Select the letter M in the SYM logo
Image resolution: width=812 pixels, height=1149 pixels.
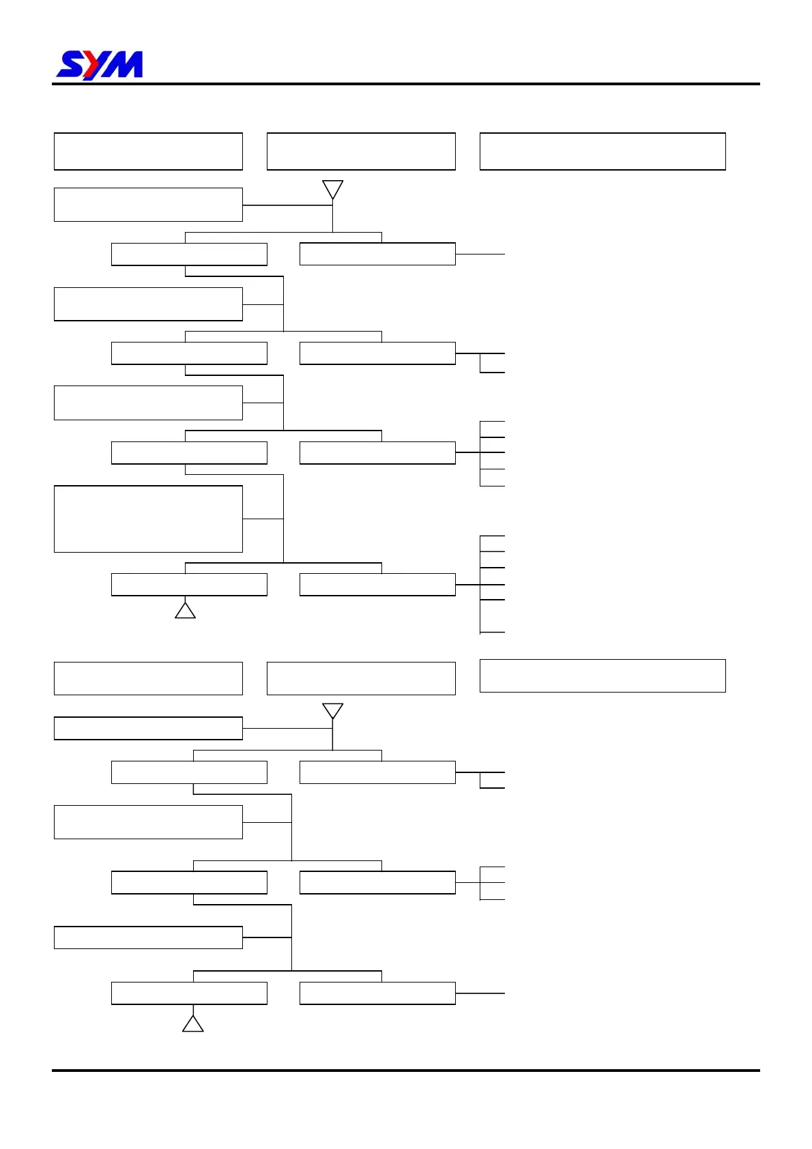(125, 66)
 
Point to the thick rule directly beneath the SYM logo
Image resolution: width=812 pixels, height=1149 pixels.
(405, 84)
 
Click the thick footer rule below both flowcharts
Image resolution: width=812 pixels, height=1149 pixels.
(405, 1070)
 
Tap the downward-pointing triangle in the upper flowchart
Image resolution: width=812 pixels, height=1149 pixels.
(332, 189)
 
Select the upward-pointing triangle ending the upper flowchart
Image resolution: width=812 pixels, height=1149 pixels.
(185, 610)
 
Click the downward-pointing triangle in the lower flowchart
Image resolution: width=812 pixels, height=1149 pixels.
(332, 711)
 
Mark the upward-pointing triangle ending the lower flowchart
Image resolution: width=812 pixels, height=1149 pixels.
(193, 1023)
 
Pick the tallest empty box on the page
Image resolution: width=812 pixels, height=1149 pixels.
(148, 519)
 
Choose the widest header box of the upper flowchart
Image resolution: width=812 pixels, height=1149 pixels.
(603, 151)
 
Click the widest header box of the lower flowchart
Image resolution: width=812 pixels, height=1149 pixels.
(603, 675)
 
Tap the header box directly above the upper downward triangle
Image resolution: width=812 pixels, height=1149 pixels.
(361, 151)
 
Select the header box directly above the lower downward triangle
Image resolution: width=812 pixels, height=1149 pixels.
(361, 678)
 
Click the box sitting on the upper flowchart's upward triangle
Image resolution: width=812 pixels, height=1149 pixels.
(189, 585)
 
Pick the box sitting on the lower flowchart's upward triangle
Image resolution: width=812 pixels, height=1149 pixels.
(189, 993)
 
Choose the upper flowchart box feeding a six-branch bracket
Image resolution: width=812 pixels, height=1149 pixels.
(377, 585)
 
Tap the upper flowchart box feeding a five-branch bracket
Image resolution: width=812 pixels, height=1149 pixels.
(377, 453)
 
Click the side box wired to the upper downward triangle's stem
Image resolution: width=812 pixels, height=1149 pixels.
(148, 205)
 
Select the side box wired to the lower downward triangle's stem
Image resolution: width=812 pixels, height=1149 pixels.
(148, 728)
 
